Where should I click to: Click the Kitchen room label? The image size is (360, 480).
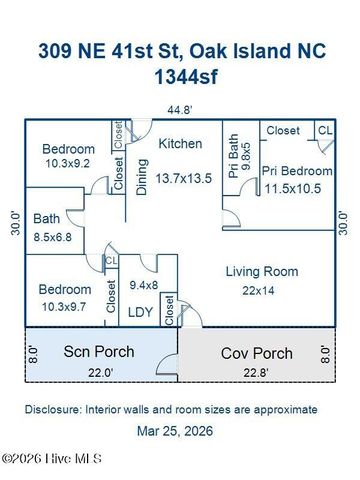point(179,144)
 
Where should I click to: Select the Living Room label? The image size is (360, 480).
point(261,271)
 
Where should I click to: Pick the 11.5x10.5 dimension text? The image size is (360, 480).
point(297,188)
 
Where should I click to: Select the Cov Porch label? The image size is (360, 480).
point(257,353)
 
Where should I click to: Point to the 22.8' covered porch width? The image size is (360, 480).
point(257,374)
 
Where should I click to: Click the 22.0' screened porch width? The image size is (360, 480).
point(98,373)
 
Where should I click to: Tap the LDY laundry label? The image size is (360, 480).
point(141,312)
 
